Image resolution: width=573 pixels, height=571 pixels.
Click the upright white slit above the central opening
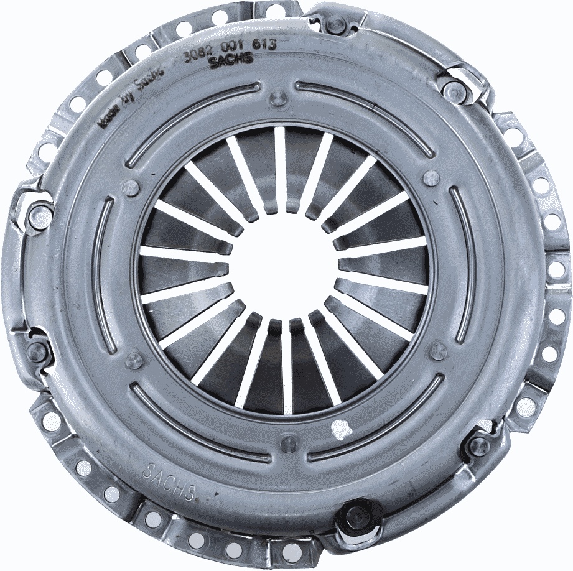coord(281,164)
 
